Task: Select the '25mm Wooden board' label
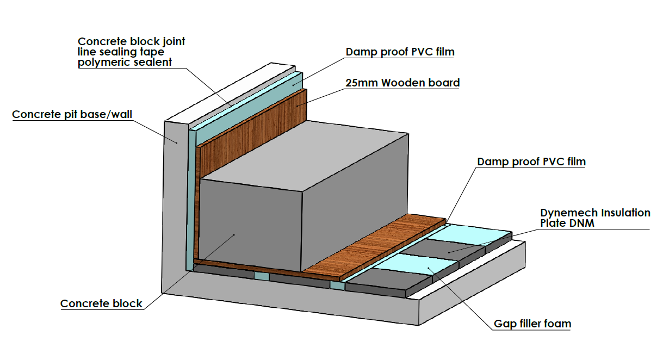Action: (x=402, y=83)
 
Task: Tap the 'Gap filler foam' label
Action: (x=532, y=324)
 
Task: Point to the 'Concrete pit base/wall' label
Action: (x=72, y=114)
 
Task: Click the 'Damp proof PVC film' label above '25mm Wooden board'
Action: (x=400, y=52)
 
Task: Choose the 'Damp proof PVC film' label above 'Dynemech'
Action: (x=531, y=162)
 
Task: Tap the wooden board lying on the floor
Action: (x=375, y=245)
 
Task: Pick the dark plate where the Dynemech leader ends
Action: (x=449, y=251)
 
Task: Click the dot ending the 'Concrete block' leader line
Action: (x=234, y=234)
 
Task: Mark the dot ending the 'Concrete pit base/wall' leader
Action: (x=177, y=142)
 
